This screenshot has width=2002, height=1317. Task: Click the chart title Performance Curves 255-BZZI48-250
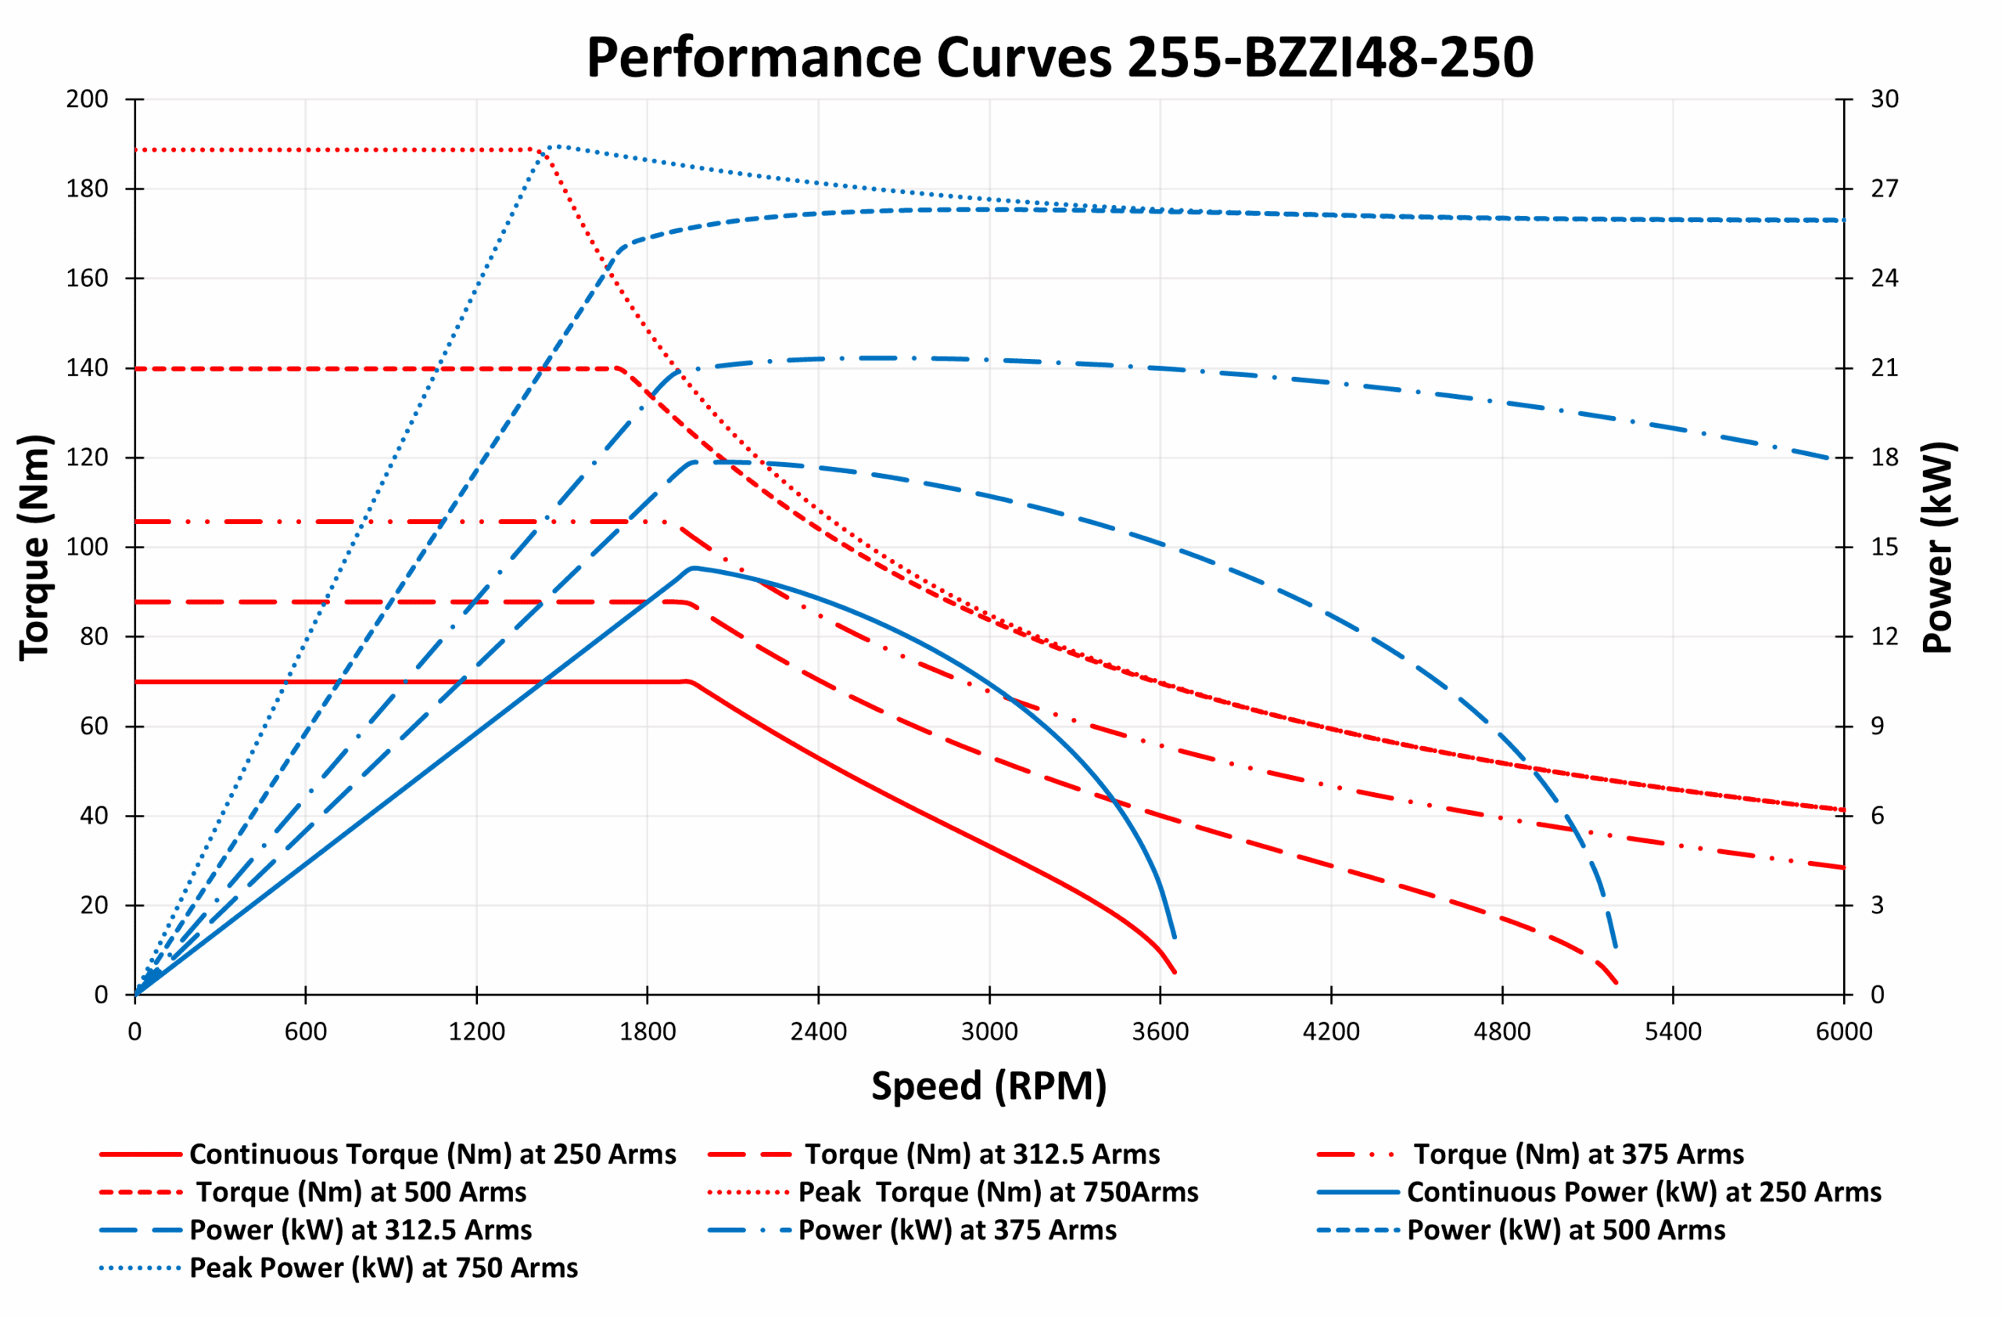click(1059, 58)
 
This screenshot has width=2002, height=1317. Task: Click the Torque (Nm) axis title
click(35, 547)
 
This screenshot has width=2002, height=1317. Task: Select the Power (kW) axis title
click(1938, 547)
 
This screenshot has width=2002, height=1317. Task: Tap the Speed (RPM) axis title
click(988, 1086)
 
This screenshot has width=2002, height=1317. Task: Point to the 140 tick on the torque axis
click(88, 368)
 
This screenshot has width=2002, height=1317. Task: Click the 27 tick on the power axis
click(1884, 188)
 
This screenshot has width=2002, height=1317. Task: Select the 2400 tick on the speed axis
click(818, 1032)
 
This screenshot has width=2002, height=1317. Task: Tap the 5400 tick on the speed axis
click(1672, 1032)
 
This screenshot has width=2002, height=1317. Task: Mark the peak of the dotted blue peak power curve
click(554, 146)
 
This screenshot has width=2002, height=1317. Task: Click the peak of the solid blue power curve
click(693, 569)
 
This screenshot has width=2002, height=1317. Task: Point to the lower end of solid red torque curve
click(1175, 973)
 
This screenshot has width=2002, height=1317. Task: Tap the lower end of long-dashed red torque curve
click(1616, 983)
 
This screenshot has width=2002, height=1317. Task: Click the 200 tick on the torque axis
click(88, 99)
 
